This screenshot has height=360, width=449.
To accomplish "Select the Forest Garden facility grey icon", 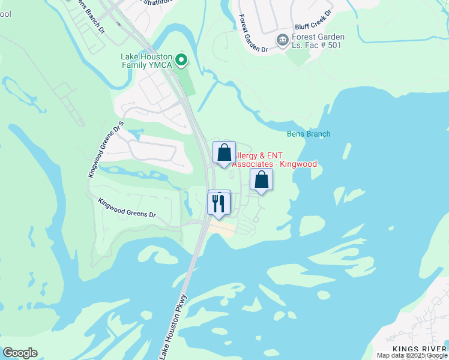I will pos(282,40).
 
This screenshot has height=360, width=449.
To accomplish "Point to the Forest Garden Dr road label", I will pos(252,34).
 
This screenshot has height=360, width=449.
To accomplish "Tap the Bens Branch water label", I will pos(309,134).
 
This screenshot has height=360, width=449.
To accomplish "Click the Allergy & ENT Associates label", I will pos(274,160).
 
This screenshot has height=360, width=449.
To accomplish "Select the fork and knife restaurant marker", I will pos(218,203).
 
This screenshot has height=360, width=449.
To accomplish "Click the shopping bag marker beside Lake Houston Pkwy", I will pos(224,152).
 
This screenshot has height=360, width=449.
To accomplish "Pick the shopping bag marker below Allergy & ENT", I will pos(261,179).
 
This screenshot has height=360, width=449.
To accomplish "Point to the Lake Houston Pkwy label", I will pos(174,327).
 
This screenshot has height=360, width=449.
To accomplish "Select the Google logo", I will pos(20,353).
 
